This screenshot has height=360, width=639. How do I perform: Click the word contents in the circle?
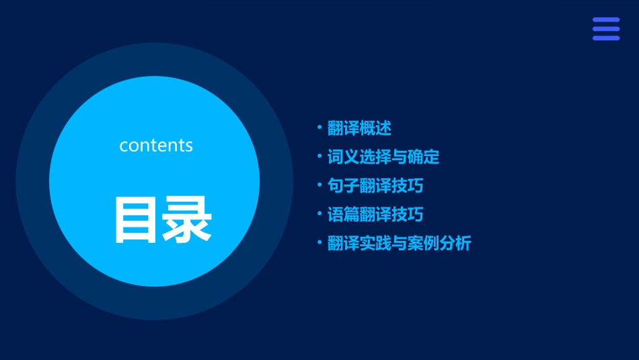point(156,145)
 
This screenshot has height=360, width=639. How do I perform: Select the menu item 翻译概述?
point(359,128)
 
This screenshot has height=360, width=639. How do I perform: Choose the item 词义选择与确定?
point(383,157)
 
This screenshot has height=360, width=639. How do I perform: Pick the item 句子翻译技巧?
point(375,186)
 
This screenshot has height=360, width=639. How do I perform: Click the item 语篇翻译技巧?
point(375,215)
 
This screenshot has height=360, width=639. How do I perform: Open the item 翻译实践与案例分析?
point(399,244)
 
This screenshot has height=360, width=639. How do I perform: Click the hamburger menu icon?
point(606,29)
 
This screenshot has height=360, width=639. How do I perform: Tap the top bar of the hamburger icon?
point(606,20)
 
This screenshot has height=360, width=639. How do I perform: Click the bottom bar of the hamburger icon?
point(606,38)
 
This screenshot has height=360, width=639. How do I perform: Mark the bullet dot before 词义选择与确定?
point(319,156)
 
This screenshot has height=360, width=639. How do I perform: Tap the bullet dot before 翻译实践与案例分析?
point(319,242)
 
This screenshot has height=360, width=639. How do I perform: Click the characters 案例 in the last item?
point(423,244)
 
